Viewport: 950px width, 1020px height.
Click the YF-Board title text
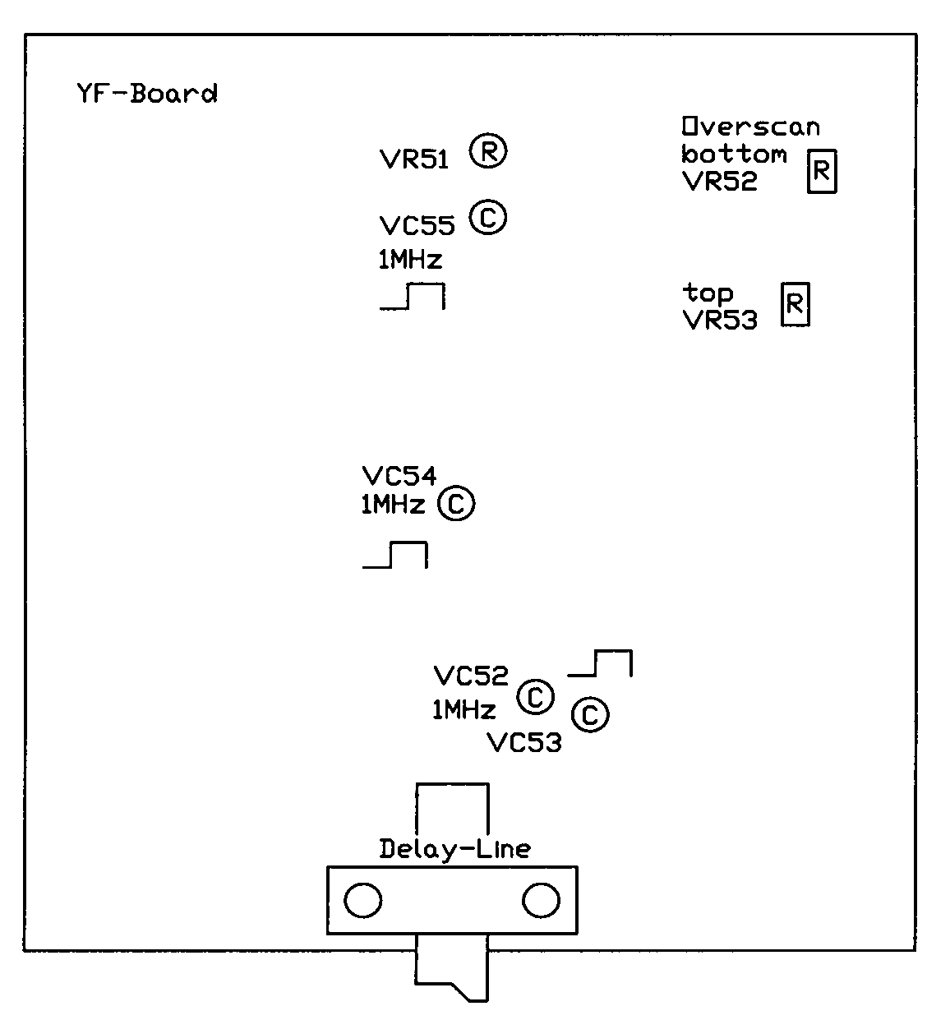tap(146, 94)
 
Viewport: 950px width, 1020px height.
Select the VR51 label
tap(414, 159)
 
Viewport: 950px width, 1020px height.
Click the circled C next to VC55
tap(488, 218)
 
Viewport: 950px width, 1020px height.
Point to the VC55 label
tap(417, 225)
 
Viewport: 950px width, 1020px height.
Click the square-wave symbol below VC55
tap(413, 297)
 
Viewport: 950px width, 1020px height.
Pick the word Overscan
tap(750, 127)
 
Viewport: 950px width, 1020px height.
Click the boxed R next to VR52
tap(821, 172)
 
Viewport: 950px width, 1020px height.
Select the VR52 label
tap(720, 182)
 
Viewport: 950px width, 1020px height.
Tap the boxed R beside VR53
tap(795, 304)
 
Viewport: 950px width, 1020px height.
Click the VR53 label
tap(720, 321)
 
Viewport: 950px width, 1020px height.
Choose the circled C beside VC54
tap(456, 504)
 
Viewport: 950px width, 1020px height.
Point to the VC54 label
tap(399, 476)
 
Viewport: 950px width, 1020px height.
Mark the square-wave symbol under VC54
tap(395, 555)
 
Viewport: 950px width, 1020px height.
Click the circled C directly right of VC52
tap(535, 698)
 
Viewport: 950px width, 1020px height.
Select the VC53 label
tap(524, 744)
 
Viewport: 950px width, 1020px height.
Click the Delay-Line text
tap(454, 849)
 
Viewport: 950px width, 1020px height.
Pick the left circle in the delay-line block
tap(362, 902)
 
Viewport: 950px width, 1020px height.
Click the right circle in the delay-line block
tap(541, 902)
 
